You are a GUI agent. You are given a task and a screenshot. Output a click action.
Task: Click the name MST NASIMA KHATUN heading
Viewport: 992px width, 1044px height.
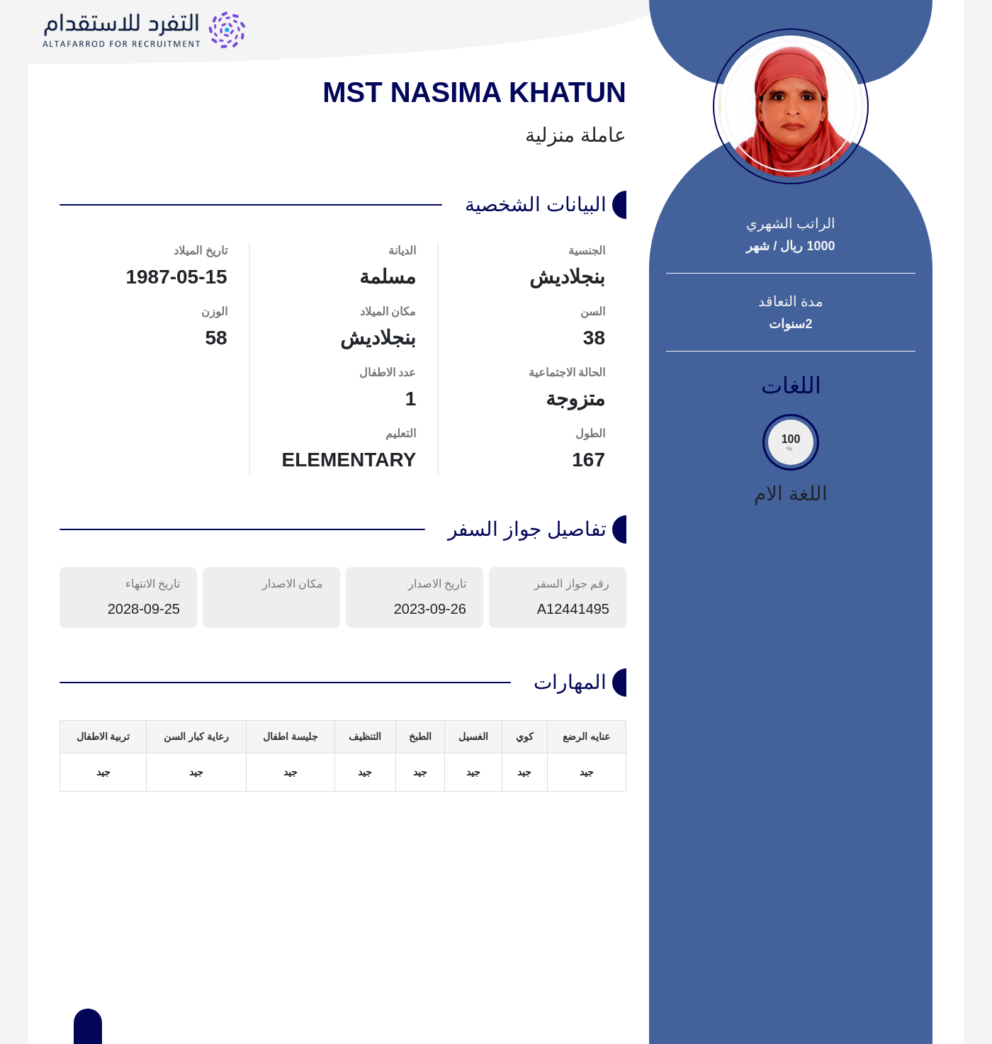[474, 93]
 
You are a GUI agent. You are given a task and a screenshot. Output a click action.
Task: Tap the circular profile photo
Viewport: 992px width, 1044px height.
[791, 106]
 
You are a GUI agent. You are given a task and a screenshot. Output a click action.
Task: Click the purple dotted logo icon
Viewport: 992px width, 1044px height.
[227, 30]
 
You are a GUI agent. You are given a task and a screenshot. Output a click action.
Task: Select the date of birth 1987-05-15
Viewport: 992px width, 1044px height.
[176, 277]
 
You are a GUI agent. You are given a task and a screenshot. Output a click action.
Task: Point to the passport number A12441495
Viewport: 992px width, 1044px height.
[573, 609]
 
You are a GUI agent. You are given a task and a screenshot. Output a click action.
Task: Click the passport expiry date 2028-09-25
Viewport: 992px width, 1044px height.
[143, 609]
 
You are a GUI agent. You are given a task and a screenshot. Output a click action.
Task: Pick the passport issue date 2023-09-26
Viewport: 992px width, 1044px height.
[429, 609]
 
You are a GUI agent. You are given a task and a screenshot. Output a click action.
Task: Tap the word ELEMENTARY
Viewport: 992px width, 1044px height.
[349, 460]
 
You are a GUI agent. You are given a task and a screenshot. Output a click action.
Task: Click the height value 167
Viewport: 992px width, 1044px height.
[588, 460]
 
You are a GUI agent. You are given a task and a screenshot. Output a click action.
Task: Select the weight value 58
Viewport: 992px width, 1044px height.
[216, 338]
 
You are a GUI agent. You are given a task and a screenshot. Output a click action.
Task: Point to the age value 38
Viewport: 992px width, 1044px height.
[594, 338]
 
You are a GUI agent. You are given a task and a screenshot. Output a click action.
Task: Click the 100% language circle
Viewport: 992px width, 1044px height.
[791, 442]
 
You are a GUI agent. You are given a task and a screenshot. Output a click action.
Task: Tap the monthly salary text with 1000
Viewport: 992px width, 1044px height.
[791, 246]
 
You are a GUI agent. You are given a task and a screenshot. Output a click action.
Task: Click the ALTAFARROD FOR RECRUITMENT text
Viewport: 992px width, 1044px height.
[121, 44]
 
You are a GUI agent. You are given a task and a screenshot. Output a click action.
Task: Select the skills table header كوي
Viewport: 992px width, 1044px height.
[524, 737]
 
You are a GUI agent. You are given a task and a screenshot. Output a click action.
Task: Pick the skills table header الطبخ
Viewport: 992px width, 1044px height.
[420, 737]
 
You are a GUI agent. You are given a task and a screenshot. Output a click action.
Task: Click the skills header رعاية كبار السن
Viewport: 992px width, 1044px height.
[196, 737]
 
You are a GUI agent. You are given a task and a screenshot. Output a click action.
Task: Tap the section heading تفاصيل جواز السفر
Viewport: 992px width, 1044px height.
[526, 529]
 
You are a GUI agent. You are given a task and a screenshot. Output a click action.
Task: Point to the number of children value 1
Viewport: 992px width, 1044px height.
[410, 399]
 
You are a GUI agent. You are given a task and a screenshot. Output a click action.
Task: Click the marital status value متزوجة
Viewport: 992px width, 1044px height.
[575, 399]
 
